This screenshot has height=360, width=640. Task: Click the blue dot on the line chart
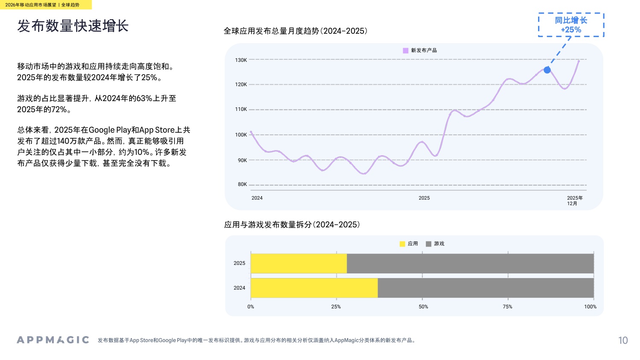pos(547,70)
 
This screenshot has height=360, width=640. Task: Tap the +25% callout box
pos(571,25)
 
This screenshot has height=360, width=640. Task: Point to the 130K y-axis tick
pos(241,60)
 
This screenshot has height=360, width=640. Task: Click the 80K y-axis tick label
pos(242,185)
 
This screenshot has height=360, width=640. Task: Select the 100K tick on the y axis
pos(241,135)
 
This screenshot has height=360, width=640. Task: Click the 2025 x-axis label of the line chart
pos(424,198)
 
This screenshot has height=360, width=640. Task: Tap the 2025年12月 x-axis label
pos(574,200)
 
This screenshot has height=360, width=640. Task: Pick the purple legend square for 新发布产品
pos(405,50)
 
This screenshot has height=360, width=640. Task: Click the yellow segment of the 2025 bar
pos(299,263)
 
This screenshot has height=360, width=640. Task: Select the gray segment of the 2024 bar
pos(486,288)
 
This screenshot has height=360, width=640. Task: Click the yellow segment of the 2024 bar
pos(314,288)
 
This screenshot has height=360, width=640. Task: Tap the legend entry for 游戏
pos(435,244)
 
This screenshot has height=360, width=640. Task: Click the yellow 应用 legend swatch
pos(402,244)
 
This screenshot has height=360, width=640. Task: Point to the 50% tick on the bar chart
pos(423,307)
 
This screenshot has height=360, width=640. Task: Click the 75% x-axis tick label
pos(507,307)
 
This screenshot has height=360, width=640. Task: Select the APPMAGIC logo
pos(53,340)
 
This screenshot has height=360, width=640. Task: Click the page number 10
pos(623,340)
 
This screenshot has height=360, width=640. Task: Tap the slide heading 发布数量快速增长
pos(73,26)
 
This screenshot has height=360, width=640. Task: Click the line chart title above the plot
pos(295,31)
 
